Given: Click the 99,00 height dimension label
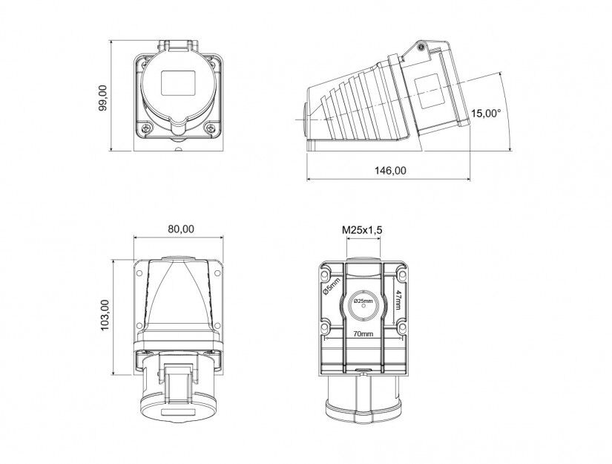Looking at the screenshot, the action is point(103,98).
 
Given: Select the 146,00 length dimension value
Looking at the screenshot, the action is point(390,171).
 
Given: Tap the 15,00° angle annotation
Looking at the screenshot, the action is point(486,114).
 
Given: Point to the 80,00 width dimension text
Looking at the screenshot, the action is point(181,229).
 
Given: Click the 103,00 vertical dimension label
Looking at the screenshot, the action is point(105,316).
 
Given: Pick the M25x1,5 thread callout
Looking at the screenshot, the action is point(362,230).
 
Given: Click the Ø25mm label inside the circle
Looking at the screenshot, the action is point(363,301).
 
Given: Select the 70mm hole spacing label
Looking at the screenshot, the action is point(363,334).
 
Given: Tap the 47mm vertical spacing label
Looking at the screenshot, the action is point(398,300).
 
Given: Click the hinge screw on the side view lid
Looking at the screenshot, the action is point(421,48).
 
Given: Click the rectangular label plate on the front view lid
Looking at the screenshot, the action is point(178,83).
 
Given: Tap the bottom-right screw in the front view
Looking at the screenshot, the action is point(211,128).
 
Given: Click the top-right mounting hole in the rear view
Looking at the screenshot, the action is point(401,275).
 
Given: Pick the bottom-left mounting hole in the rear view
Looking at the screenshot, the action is point(325,327).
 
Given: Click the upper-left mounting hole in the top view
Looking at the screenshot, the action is point(139,272).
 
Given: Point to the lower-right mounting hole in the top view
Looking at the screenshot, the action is point(217,325).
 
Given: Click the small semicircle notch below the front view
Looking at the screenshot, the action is point(178,148).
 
